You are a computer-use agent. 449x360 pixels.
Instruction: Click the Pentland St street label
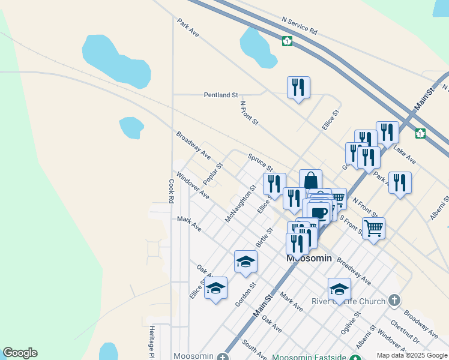click(x=221, y=95)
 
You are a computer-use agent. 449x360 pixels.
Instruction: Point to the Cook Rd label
click(x=171, y=190)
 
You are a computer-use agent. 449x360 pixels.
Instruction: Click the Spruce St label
click(x=261, y=161)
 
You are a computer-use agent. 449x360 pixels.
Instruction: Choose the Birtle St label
click(x=264, y=238)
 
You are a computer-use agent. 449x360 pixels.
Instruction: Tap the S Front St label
click(x=352, y=226)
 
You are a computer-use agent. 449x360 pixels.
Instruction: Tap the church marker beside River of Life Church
click(x=394, y=299)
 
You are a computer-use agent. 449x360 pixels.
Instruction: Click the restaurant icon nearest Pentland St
click(x=298, y=88)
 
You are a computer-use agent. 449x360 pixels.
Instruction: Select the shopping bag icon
click(x=310, y=180)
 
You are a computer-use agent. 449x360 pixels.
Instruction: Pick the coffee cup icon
click(x=320, y=213)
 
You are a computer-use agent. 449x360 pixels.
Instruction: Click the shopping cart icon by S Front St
click(x=373, y=228)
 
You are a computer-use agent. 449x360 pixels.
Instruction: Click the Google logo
click(x=20, y=353)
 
